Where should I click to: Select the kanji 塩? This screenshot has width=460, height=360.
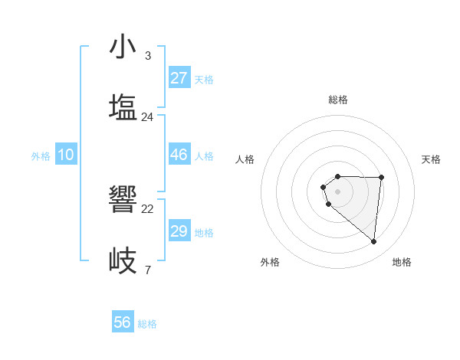[123, 107]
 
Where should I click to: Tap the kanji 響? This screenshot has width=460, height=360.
[123, 200]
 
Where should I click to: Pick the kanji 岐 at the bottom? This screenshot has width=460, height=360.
[123, 260]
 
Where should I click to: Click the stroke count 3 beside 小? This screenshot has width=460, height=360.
[148, 55]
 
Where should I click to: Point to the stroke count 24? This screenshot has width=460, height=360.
[148, 117]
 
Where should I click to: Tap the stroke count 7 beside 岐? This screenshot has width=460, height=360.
[148, 270]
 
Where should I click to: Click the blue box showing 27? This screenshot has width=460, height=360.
[179, 78]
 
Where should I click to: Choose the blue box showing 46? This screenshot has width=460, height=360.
[179, 155]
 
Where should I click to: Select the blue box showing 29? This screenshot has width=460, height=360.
[179, 231]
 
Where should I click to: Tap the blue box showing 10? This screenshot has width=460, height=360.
[66, 155]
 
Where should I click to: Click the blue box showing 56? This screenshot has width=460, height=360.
[123, 322]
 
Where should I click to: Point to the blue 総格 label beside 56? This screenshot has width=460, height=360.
[147, 324]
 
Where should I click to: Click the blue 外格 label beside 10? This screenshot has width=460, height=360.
[41, 156]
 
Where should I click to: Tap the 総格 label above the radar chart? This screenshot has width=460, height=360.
[338, 100]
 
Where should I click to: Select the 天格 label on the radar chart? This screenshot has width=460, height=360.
[432, 159]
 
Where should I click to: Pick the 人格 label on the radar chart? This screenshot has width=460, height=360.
[245, 159]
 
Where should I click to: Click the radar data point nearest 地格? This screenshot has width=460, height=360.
[374, 242]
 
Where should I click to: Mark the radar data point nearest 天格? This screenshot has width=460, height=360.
[382, 177]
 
